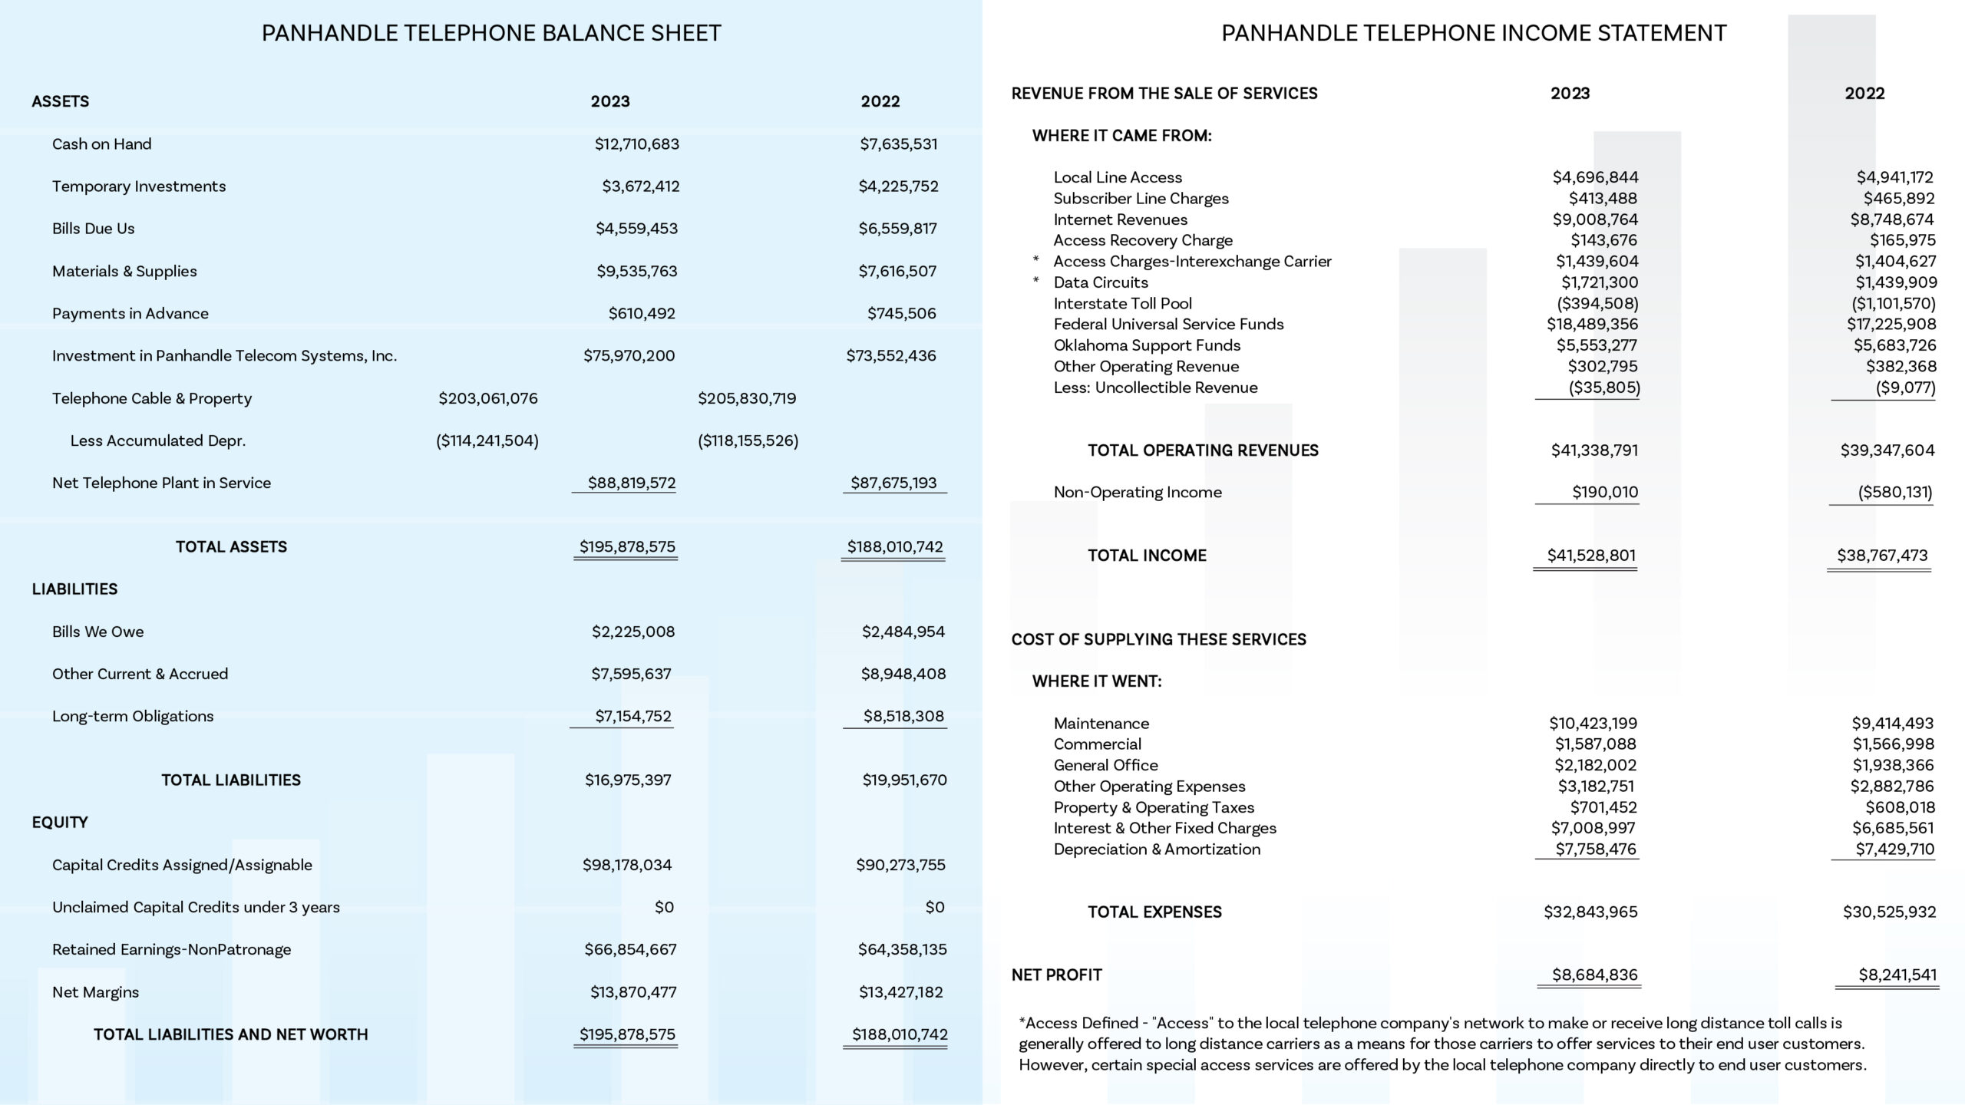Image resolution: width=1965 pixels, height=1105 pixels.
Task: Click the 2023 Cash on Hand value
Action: tap(636, 144)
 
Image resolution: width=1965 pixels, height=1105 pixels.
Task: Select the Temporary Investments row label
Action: tap(139, 186)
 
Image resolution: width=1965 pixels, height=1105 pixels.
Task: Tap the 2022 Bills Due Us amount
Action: tap(897, 229)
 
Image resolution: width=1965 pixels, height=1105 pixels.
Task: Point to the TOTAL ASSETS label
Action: tap(231, 547)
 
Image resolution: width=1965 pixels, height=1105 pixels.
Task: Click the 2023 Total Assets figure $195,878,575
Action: tap(627, 547)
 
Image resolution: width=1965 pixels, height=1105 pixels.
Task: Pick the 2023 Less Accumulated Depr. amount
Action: tap(487, 440)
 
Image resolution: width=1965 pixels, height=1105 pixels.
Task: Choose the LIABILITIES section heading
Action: tap(74, 589)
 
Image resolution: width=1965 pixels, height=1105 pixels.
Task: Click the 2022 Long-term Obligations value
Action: tap(903, 717)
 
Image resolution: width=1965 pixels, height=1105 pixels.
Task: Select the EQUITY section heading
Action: tap(60, 823)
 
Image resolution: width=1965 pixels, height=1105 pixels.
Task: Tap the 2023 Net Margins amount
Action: tap(633, 992)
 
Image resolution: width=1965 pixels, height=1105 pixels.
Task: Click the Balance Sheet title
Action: tap(491, 33)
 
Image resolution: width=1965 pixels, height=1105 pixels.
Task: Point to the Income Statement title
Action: tap(1474, 33)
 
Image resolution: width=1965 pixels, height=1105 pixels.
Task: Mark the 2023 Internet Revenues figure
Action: tap(1595, 219)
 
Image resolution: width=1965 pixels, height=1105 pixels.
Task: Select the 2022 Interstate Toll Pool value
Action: tap(1894, 304)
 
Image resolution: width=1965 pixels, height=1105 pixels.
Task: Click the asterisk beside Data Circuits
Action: tap(1036, 282)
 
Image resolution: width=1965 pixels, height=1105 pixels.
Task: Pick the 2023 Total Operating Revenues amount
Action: tap(1594, 450)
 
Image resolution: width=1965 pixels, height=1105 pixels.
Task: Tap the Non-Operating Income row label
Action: tap(1138, 493)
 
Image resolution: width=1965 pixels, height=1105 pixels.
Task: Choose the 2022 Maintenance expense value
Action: tap(1893, 724)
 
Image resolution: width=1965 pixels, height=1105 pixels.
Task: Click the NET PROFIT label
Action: tap(1056, 975)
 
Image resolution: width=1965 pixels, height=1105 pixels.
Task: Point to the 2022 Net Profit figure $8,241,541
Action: tap(1897, 975)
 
